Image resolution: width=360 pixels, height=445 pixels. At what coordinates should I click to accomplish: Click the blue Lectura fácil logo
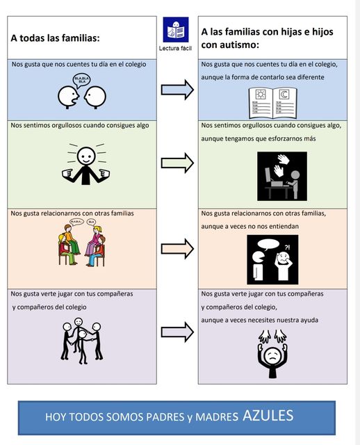[x=176, y=29]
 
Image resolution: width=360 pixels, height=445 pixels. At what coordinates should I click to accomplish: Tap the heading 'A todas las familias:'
[x=56, y=38]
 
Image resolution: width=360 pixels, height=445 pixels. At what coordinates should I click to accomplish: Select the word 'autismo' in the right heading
[x=241, y=44]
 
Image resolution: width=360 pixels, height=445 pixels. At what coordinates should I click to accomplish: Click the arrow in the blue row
[x=177, y=90]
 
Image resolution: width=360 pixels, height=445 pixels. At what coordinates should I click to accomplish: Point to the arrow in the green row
[x=177, y=163]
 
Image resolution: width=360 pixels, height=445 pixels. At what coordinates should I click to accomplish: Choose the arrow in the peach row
[x=177, y=249]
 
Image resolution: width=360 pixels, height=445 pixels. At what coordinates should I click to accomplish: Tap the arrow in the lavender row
[x=177, y=332]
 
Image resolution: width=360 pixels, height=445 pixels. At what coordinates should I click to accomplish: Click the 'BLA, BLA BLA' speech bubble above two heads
[x=82, y=80]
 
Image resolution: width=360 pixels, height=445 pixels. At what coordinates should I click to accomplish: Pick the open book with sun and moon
[x=273, y=103]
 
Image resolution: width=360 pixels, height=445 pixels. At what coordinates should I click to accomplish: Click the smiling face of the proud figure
[x=86, y=156]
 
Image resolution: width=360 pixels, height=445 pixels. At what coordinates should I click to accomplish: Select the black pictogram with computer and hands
[x=282, y=176]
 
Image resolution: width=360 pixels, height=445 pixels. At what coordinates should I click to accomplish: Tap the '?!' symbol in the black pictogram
[x=288, y=248]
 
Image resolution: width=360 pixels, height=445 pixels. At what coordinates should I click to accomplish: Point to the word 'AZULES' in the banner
[x=268, y=416]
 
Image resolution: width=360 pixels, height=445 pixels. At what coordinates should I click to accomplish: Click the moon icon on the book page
[x=284, y=95]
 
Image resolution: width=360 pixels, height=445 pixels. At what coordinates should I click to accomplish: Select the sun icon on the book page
[x=261, y=95]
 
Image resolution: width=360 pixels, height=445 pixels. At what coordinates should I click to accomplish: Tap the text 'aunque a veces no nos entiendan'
[x=250, y=227]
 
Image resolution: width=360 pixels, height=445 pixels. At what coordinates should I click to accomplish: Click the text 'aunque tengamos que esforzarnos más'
[x=259, y=139]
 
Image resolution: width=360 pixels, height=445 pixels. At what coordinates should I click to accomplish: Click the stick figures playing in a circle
[x=82, y=341]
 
